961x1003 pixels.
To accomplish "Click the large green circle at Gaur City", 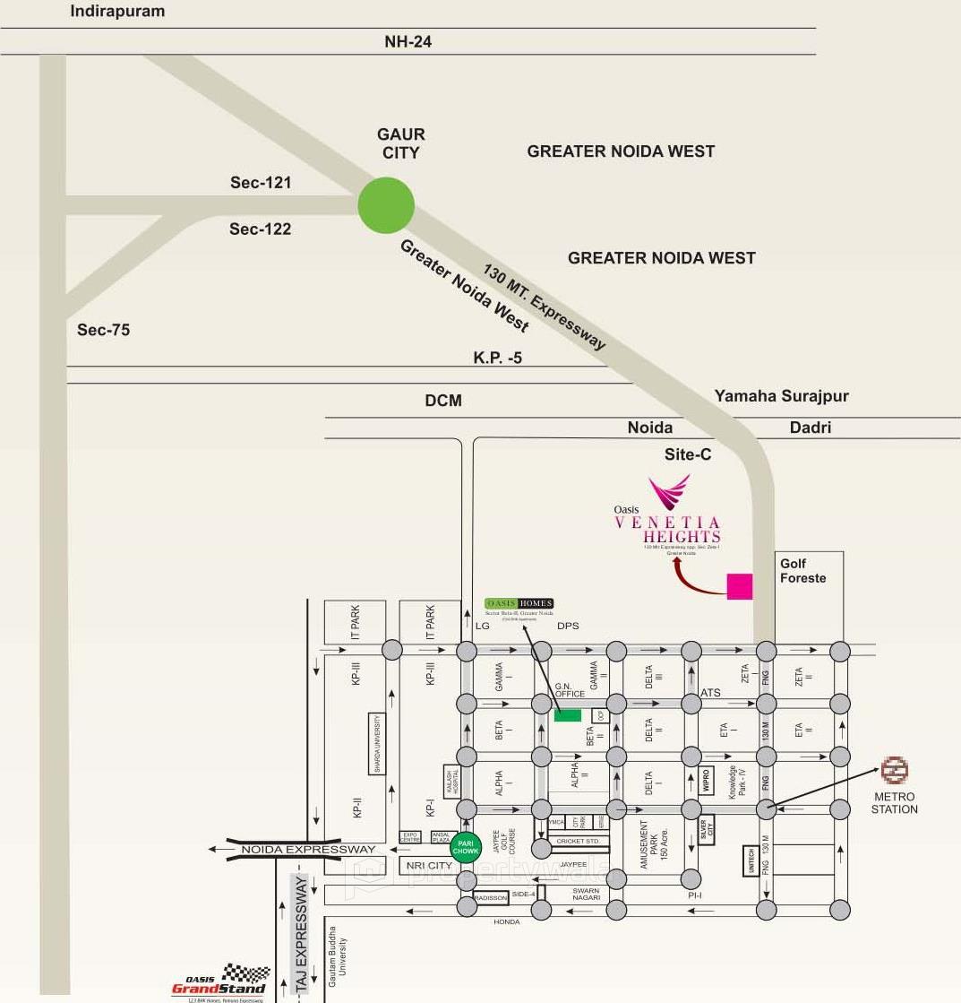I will [x=386, y=205].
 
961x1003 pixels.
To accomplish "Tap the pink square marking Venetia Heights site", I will [x=739, y=586].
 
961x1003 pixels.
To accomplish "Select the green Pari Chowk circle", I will [x=466, y=846].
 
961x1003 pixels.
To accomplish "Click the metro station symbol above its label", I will [x=895, y=770].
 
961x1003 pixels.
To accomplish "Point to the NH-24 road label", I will [x=408, y=41].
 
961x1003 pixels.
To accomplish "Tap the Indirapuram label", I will [x=117, y=12].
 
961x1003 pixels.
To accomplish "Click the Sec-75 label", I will [x=103, y=330].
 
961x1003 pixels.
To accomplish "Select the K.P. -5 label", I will [x=497, y=358].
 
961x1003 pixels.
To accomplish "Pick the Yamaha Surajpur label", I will [x=781, y=395].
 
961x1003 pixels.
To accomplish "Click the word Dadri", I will [x=810, y=428].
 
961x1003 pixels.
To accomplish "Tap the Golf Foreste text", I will [x=802, y=571].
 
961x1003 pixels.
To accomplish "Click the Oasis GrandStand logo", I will [x=220, y=981].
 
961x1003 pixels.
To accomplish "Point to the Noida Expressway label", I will [x=307, y=849].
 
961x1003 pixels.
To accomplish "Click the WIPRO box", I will [x=706, y=780].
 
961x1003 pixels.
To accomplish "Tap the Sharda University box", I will [x=378, y=744].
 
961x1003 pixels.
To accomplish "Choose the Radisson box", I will [x=491, y=897].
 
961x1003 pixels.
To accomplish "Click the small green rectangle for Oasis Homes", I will [x=567, y=714].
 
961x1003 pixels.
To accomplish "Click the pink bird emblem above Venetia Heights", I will [x=669, y=492].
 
